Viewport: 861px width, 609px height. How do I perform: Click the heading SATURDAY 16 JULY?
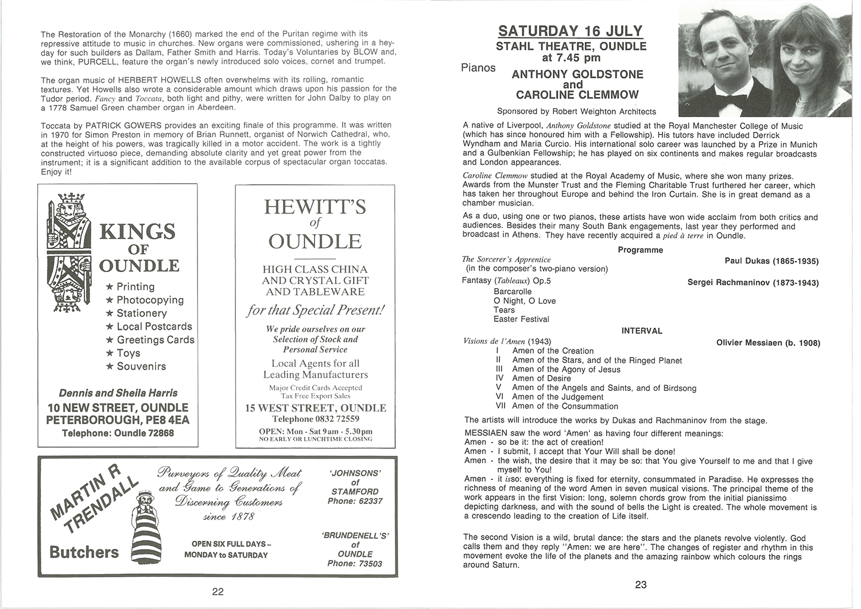(570, 31)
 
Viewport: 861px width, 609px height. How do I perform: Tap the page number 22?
(218, 592)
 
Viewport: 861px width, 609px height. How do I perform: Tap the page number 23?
(641, 585)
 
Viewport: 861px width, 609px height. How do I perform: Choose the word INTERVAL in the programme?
(642, 331)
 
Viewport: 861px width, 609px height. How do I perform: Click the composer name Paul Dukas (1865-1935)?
(771, 261)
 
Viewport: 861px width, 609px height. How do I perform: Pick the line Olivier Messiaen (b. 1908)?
(768, 343)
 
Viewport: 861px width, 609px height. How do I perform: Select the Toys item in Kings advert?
(128, 353)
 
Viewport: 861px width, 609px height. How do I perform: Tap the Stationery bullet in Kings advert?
(141, 313)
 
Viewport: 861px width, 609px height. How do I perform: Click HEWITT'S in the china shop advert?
(315, 207)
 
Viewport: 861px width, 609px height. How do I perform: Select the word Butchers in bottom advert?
(84, 552)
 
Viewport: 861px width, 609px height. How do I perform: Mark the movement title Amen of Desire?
(541, 378)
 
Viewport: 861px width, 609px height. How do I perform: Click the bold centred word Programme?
(640, 250)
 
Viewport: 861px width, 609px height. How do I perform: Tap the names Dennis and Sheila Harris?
(118, 393)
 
